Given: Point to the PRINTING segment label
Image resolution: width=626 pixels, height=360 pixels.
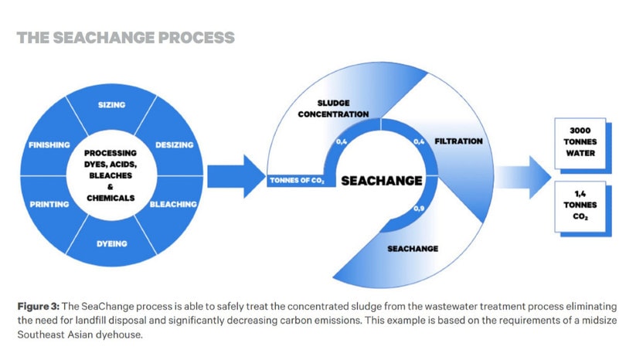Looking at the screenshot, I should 49,204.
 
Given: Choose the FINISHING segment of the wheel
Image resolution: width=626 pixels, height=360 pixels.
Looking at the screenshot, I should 49,144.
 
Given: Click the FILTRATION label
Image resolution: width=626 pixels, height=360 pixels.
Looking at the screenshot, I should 458,141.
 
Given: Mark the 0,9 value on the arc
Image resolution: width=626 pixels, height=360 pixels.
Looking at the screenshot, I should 420,209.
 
